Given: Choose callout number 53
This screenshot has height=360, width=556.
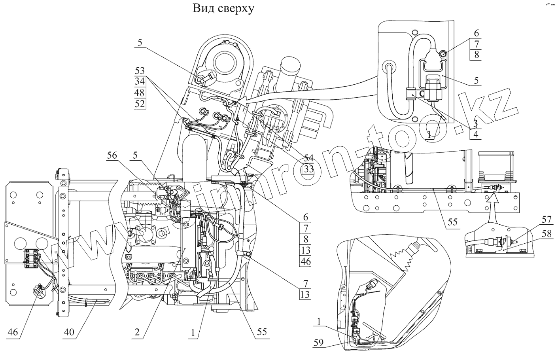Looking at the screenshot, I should coord(140,71).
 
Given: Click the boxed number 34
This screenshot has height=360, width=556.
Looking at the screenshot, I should coord(140,82).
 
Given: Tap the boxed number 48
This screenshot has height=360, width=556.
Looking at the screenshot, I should coord(140,93).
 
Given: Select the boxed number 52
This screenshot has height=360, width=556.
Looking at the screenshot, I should coord(140,104).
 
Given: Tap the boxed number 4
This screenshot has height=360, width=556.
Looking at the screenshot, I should coord(475,134).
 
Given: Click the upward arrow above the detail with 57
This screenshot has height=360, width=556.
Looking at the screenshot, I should coord(492,206).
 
